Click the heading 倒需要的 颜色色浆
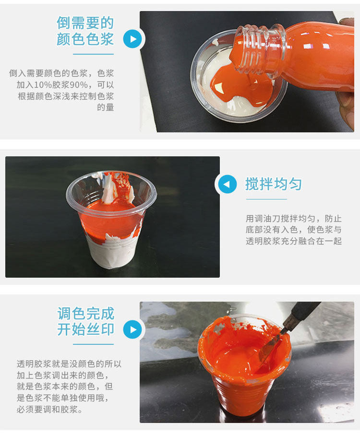(x=85, y=31)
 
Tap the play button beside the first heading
(x=132, y=39)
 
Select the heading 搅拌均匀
(x=273, y=184)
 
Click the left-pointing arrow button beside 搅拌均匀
(x=227, y=184)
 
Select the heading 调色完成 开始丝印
(x=85, y=321)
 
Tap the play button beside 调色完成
(x=132, y=329)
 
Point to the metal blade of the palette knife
(x=270, y=347)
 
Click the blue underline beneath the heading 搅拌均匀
(x=266, y=199)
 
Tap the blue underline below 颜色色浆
(x=94, y=54)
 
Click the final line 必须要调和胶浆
(x=50, y=409)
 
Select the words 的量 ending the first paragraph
(x=106, y=107)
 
